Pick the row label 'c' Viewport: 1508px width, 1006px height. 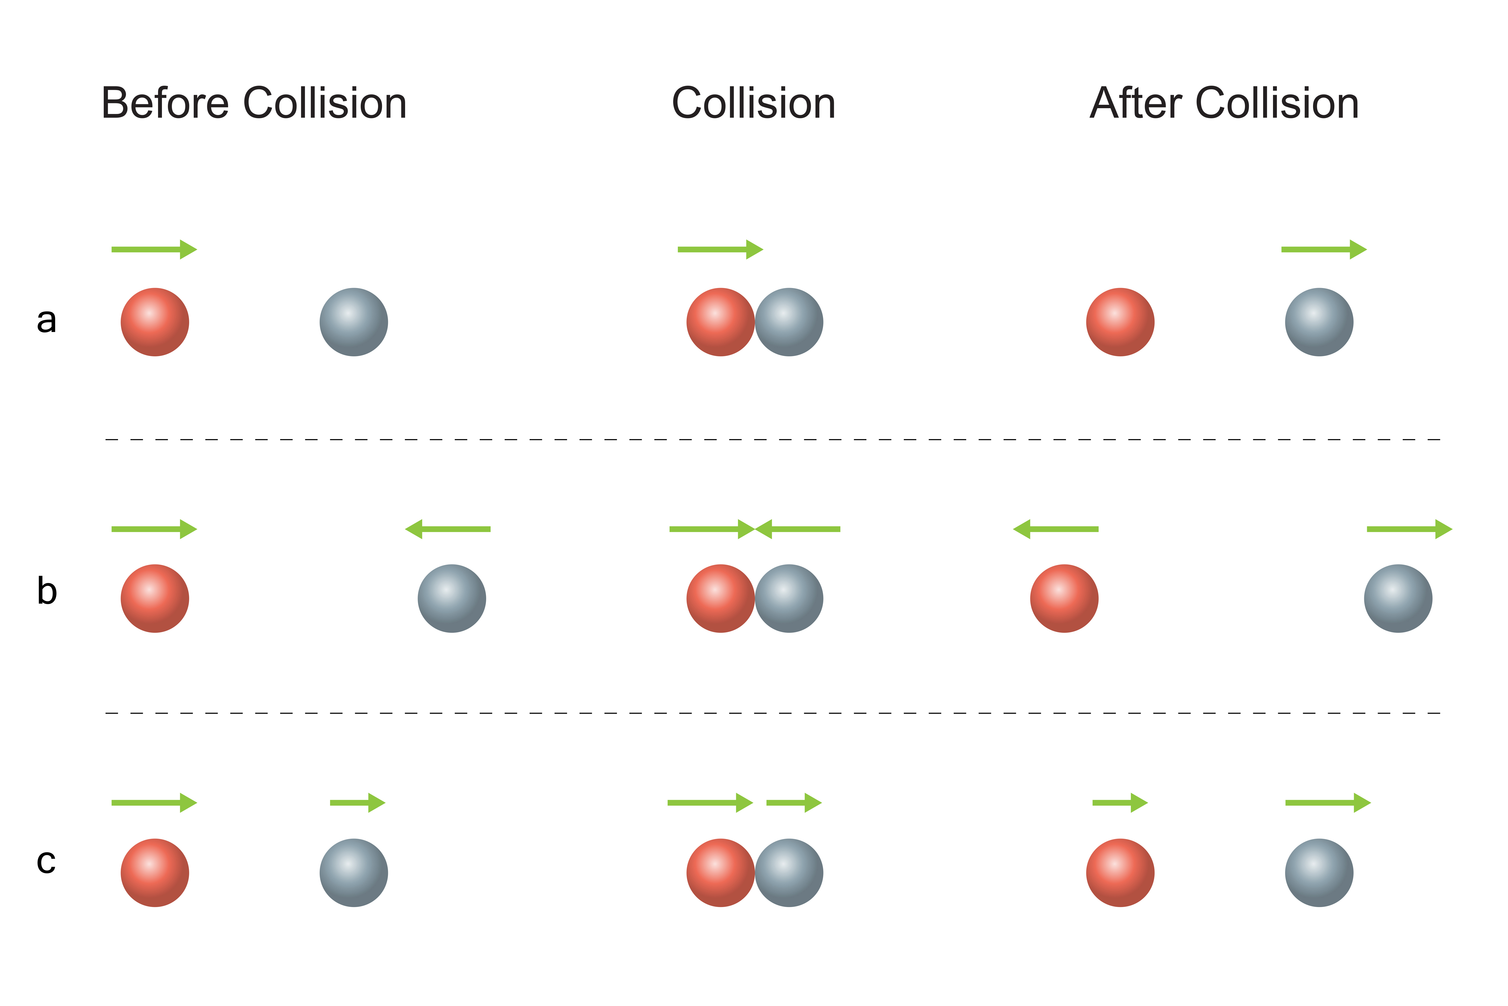coord(46,862)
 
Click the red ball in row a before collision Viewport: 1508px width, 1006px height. coord(154,322)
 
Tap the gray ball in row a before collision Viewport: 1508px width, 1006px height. coord(354,322)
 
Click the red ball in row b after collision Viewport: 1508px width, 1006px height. coord(1064,598)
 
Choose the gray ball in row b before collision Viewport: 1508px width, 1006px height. coord(452,598)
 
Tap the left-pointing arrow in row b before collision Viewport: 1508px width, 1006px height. coord(448,529)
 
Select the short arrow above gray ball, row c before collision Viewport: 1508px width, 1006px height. coord(357,803)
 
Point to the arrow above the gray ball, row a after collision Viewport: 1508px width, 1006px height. coord(1324,250)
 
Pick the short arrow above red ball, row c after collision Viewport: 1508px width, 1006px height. coord(1120,803)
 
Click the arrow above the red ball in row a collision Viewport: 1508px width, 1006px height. coord(720,250)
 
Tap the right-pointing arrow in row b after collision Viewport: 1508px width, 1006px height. coord(1409,529)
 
